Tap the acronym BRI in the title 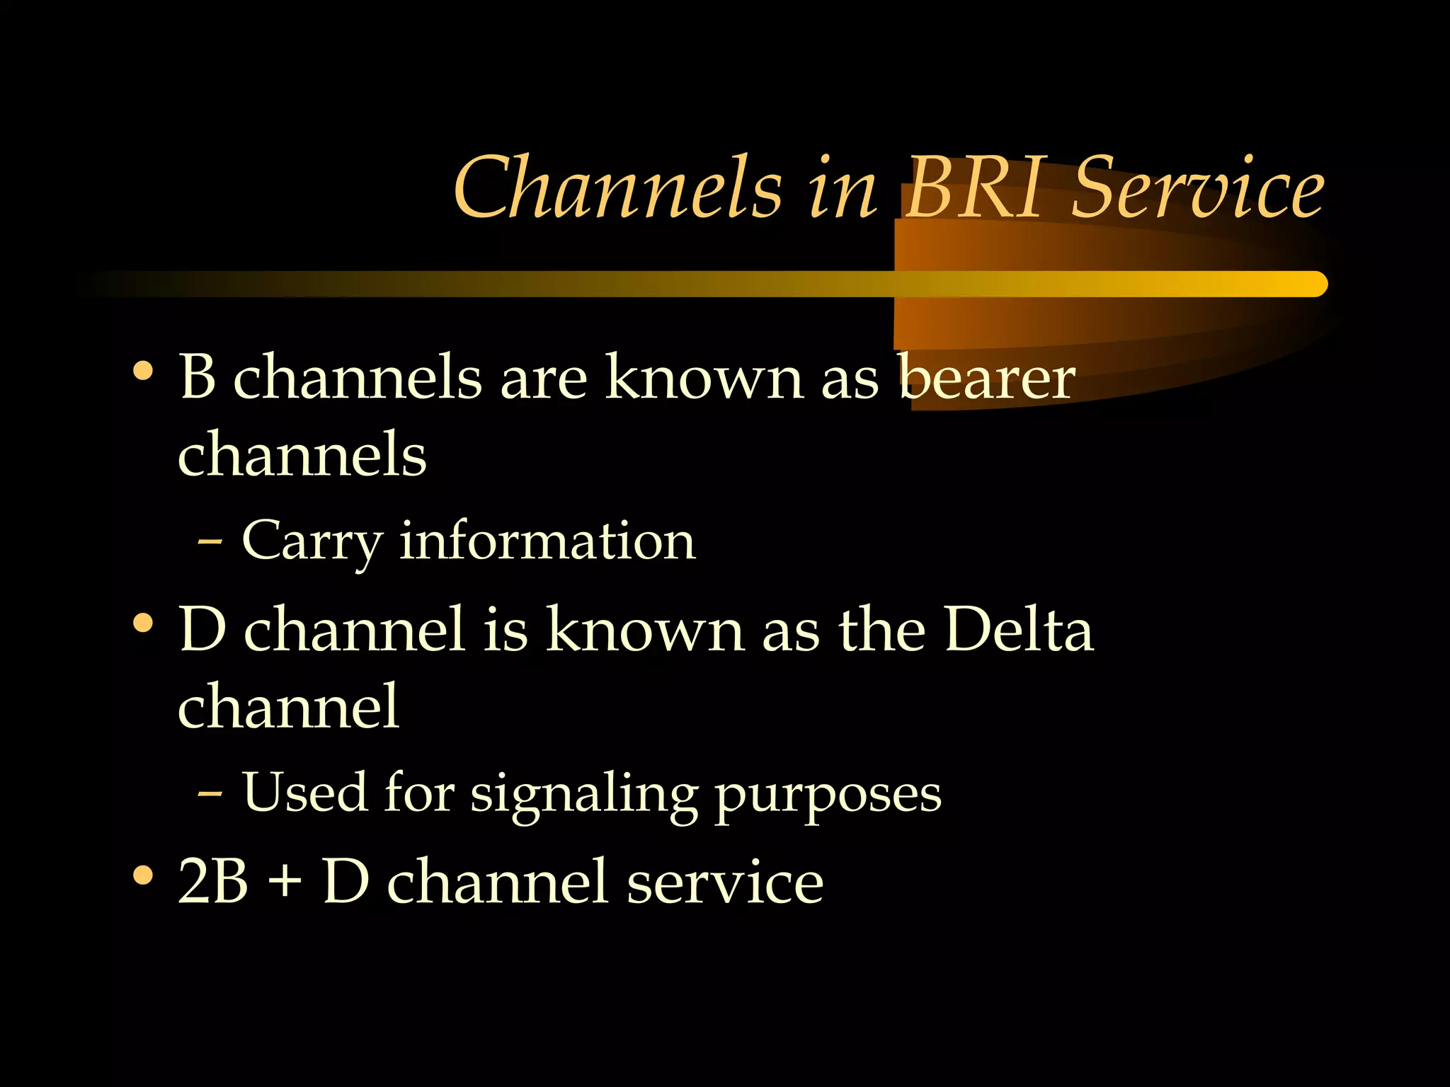click(x=974, y=188)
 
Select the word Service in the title click(x=1197, y=188)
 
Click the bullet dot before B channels click(x=143, y=371)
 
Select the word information click(x=547, y=541)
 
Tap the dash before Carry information click(x=210, y=542)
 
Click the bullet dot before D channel click(x=143, y=623)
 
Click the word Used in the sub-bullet click(x=304, y=792)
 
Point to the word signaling click(x=584, y=796)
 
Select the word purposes click(x=828, y=796)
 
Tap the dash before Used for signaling click(x=210, y=794)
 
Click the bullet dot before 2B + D click(x=143, y=875)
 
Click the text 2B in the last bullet click(x=212, y=881)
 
